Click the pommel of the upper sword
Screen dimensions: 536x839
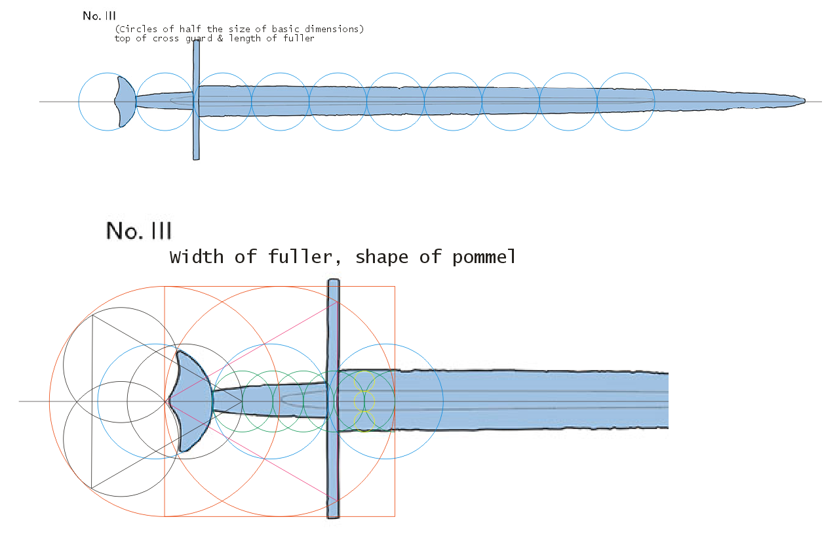pyautogui.click(x=125, y=102)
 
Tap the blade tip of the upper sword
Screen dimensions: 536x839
pyautogui.click(x=802, y=101)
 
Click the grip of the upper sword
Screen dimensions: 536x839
pyautogui.click(x=164, y=101)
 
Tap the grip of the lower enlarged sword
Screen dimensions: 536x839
pyautogui.click(x=269, y=400)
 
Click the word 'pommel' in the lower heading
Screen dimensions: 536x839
pyautogui.click(x=484, y=257)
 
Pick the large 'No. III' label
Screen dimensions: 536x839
pyautogui.click(x=139, y=231)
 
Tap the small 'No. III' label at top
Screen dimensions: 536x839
pyautogui.click(x=99, y=16)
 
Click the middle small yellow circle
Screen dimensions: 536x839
pyautogui.click(x=364, y=400)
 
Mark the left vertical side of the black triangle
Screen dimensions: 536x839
pyautogui.click(x=92, y=401)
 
